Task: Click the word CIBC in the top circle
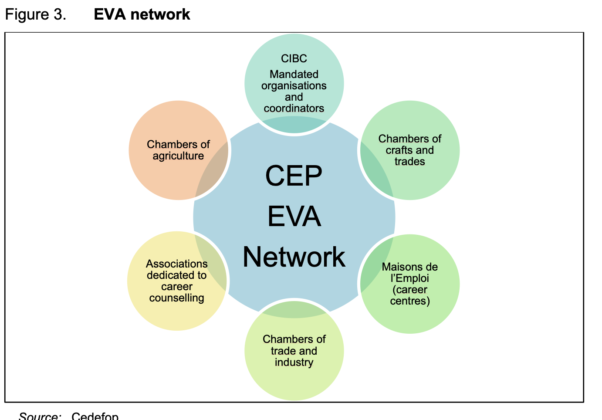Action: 294,58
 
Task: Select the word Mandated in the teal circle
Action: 294,75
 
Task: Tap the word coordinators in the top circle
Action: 294,108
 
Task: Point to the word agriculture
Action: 178,156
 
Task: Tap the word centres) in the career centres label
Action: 410,301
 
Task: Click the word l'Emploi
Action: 410,278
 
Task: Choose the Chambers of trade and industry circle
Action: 294,379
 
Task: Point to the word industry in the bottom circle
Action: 294,362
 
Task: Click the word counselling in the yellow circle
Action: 177,298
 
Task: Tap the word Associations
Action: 177,264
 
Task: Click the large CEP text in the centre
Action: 294,176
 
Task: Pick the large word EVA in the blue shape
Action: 294,217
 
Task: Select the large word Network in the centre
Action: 294,257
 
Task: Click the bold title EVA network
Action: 142,14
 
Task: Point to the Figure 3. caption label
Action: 36,14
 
